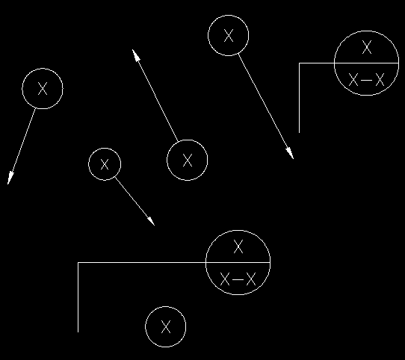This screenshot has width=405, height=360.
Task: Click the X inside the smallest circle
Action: click(105, 164)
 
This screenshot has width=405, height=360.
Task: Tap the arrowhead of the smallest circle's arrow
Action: click(151, 221)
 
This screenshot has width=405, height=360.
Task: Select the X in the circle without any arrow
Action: click(166, 326)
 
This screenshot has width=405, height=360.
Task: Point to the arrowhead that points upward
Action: click(136, 55)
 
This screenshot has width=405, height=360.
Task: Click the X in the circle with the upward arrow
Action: click(188, 160)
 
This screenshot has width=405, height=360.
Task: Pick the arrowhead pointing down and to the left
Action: click(10, 178)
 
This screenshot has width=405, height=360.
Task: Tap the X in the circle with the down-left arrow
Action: click(43, 89)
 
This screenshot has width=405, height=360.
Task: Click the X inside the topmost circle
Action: click(229, 35)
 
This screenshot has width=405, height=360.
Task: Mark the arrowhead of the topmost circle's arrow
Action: click(290, 153)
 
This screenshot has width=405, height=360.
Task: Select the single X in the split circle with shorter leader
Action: click(367, 47)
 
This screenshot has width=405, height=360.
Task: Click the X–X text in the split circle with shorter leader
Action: click(366, 79)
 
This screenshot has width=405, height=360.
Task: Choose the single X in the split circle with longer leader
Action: click(238, 246)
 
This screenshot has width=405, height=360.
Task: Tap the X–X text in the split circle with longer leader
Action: click(238, 279)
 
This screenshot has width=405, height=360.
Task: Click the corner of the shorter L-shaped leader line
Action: click(300, 63)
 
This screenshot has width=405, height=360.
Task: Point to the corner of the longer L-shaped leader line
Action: click(78, 263)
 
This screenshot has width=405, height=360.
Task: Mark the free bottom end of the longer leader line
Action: click(78, 332)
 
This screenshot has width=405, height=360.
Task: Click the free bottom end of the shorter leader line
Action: click(300, 133)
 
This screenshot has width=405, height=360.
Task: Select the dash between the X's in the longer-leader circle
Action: click(238, 279)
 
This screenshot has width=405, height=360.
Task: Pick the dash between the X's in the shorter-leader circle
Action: click(366, 80)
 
